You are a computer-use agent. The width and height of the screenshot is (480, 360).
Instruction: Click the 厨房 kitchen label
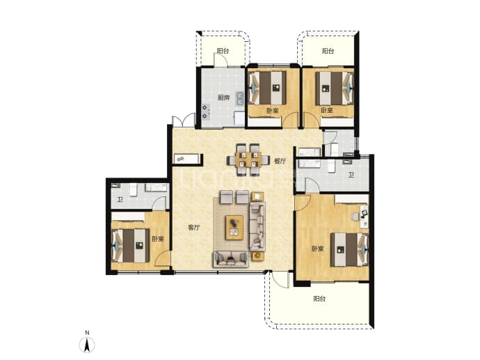click(x=223, y=97)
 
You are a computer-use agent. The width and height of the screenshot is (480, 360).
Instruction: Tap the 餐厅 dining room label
click(x=280, y=161)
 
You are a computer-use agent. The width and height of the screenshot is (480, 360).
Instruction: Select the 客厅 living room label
click(x=194, y=228)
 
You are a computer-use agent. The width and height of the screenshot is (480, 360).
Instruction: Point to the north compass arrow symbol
click(x=87, y=345)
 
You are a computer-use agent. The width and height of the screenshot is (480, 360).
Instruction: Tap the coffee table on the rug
click(x=234, y=227)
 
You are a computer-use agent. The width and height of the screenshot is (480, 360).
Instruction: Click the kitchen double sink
click(x=240, y=99)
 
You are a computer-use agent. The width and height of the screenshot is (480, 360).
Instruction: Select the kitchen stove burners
click(x=206, y=112)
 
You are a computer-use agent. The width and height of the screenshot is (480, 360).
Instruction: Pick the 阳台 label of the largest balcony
click(x=319, y=299)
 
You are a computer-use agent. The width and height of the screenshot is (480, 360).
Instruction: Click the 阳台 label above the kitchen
click(x=223, y=51)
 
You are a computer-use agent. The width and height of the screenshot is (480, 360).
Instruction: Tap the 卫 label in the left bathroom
click(x=120, y=200)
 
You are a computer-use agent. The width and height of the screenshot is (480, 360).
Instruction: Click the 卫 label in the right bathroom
click(x=351, y=175)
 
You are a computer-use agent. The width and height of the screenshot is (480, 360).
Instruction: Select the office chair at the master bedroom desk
click(x=355, y=217)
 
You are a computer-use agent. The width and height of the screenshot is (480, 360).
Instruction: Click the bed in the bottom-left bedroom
click(x=130, y=246)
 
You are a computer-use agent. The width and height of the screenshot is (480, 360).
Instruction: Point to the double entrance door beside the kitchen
click(x=184, y=120)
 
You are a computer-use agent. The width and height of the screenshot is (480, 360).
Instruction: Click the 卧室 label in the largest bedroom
click(x=318, y=249)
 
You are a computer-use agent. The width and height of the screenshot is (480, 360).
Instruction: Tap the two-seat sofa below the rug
click(x=230, y=259)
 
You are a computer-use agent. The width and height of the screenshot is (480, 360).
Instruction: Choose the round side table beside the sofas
click(x=258, y=256)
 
